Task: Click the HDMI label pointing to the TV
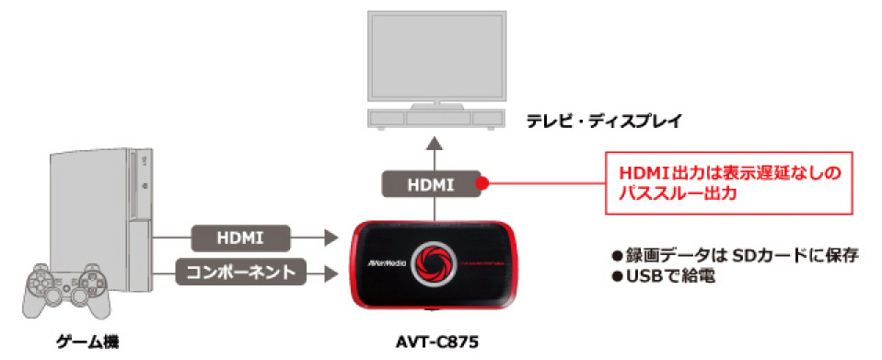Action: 432,184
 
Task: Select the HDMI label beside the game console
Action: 240,238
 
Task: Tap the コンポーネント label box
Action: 240,273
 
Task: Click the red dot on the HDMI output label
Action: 482,184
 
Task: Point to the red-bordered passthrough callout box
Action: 728,183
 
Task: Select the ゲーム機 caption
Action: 89,341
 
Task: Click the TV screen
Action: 435,57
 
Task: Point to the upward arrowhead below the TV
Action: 433,145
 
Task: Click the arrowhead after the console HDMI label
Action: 331,238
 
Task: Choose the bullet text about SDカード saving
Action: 736,256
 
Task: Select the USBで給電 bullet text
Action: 664,277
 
